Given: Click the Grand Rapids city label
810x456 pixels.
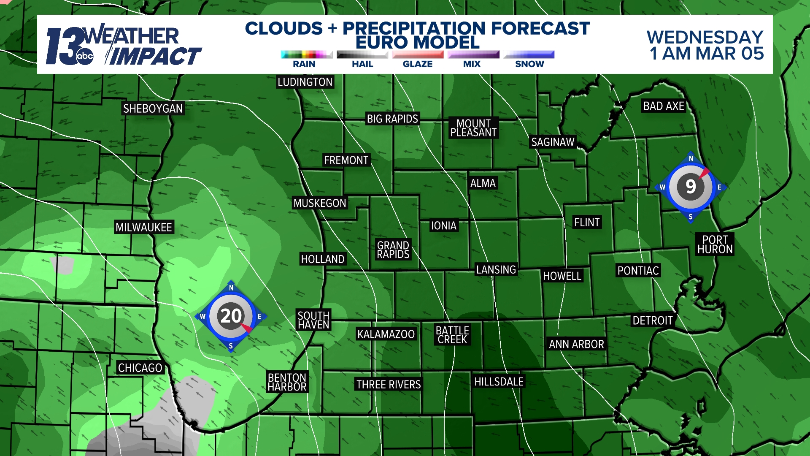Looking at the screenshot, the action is pos(393,250).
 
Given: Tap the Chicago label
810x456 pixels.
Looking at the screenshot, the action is pos(140,368).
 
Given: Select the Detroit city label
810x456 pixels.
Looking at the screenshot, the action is pos(652,320).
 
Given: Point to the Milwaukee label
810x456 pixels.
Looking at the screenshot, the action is pos(144,228).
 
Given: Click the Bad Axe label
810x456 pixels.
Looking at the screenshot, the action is pos(664,106).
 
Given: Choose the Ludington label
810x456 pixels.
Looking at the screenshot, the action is pos(305,82).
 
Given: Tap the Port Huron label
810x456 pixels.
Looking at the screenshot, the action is pos(715,244).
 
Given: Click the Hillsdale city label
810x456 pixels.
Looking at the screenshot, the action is pos(499,382).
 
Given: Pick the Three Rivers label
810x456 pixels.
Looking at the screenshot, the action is pos(389,384).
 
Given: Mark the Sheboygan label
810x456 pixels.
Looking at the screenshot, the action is pos(153,109).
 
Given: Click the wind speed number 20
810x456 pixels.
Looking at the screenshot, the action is pos(231,316).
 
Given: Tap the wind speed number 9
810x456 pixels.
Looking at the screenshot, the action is pos(691,186).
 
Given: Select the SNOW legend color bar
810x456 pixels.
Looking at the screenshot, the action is pos(529,54).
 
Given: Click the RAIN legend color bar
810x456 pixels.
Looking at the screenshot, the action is pos(307,54).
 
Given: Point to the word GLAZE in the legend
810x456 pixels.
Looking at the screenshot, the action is pos(418,64).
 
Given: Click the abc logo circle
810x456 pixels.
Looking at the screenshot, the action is pos(84,56).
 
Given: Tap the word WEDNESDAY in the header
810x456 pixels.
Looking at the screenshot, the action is pos(705,37).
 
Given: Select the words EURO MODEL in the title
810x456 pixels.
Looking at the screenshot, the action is pos(418,42).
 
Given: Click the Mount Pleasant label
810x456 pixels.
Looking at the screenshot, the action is pos(473,128).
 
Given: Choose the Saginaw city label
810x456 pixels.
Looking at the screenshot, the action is pos(553,142).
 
